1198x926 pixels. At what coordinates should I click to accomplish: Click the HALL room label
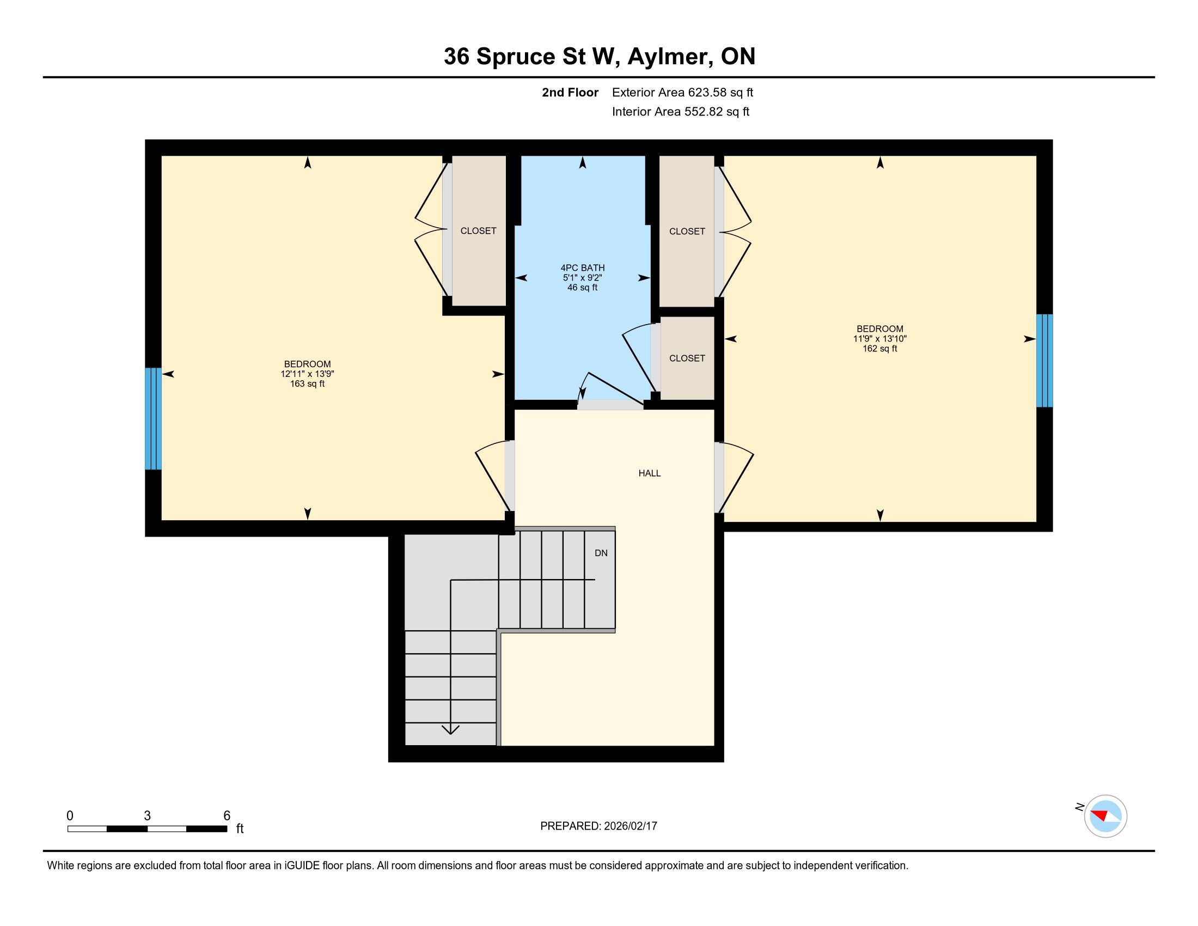click(x=650, y=473)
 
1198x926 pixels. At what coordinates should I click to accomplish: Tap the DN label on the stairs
click(x=601, y=553)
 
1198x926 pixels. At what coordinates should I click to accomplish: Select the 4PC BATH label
click(x=583, y=267)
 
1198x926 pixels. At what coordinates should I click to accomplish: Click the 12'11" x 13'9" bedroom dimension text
click(x=307, y=374)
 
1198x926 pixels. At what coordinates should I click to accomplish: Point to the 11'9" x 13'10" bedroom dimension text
click(x=880, y=339)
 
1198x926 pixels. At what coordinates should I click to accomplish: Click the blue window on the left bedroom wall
click(x=153, y=418)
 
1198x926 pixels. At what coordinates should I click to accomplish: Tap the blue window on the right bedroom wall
click(x=1044, y=361)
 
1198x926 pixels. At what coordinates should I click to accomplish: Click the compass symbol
click(x=1105, y=816)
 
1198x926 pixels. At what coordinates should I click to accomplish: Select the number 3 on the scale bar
click(x=147, y=816)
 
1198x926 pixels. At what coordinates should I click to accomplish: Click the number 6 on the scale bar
click(x=227, y=816)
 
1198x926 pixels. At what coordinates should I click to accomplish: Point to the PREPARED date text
click(x=598, y=826)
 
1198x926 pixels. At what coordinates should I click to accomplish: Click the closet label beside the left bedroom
click(x=478, y=231)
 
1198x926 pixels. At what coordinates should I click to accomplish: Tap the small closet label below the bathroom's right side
click(x=687, y=358)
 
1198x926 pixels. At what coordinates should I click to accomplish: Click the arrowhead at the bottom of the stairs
click(x=450, y=729)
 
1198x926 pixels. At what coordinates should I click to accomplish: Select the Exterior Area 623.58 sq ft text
click(x=682, y=93)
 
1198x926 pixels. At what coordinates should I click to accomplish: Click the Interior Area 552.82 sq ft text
click(x=680, y=112)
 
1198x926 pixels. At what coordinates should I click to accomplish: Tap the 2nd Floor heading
click(x=570, y=93)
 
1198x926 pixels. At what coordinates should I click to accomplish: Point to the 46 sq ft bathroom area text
click(x=583, y=288)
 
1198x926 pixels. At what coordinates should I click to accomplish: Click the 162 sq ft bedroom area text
click(x=880, y=349)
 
